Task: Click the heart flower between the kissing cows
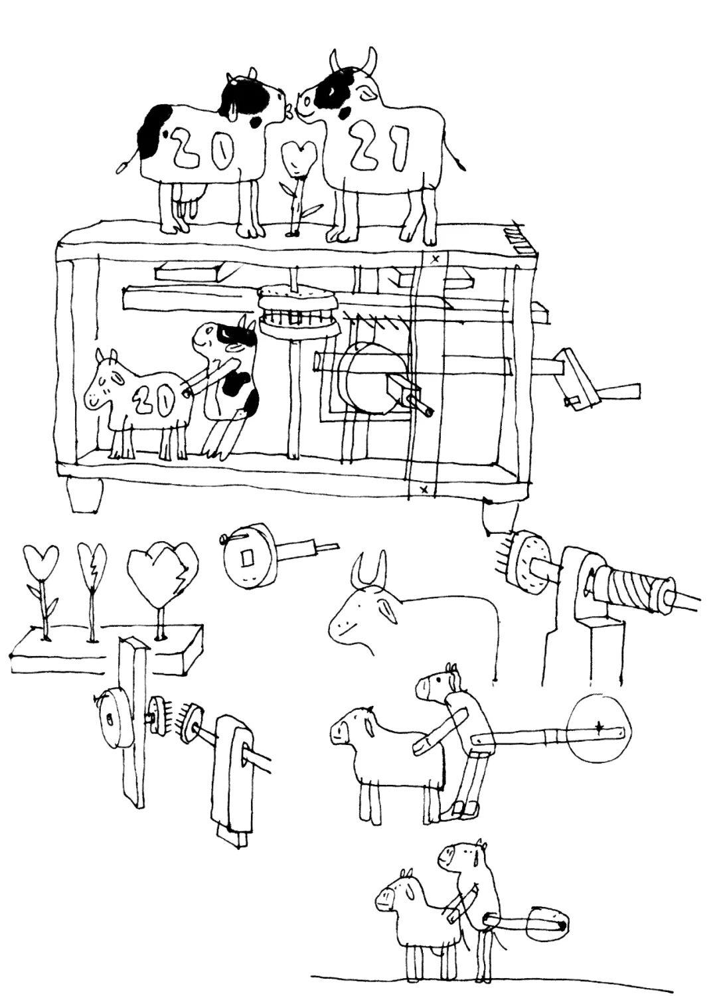point(299,158)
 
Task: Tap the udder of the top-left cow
point(188,199)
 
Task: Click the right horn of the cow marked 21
point(370,62)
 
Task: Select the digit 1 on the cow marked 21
point(400,149)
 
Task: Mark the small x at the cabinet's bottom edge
point(424,490)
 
